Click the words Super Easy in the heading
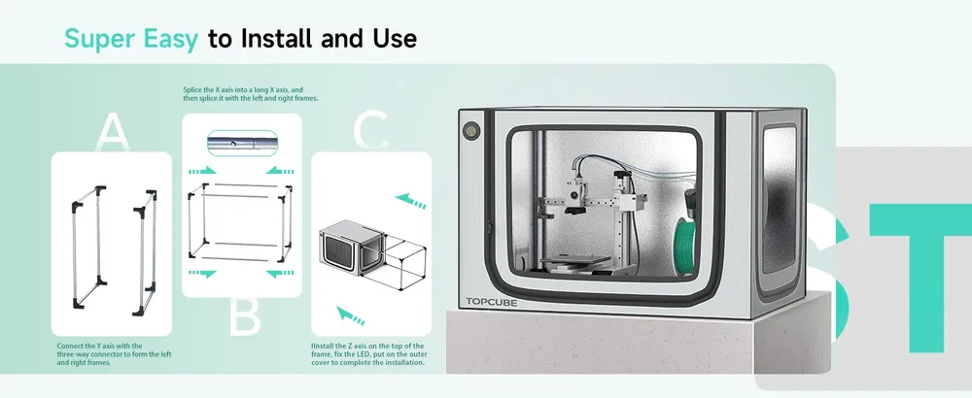point(131,39)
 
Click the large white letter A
point(112,132)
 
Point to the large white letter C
point(370,131)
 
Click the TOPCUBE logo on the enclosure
point(492,302)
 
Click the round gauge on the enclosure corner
point(470,131)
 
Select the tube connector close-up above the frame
point(242,143)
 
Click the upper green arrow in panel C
point(411,201)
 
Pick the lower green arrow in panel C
point(350,315)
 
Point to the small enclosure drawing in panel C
point(352,249)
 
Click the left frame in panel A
point(88,247)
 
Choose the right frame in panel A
point(145,252)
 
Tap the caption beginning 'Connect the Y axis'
point(114,354)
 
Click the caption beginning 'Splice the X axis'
point(251,94)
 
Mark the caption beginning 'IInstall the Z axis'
point(367,354)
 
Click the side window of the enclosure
point(779,200)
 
